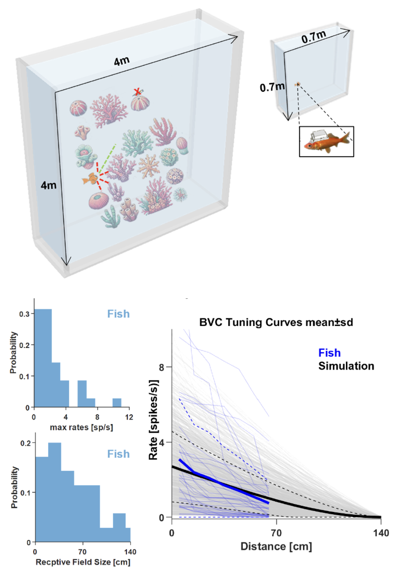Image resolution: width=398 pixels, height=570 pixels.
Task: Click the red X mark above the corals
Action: click(137, 92)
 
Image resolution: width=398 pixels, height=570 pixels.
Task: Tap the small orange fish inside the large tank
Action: click(90, 179)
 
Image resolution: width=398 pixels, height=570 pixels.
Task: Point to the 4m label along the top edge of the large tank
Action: click(122, 61)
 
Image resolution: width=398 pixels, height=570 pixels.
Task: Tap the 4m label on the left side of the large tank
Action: click(48, 185)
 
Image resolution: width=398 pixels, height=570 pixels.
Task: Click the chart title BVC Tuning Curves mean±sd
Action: click(276, 322)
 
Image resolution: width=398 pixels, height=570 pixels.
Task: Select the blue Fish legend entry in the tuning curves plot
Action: click(329, 353)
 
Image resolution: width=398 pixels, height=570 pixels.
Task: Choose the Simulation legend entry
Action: click(346, 366)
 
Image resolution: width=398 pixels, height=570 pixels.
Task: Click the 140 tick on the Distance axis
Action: click(381, 533)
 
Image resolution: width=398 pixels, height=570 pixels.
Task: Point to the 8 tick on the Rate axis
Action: click(161, 367)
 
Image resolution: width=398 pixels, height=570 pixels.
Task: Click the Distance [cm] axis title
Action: click(276, 546)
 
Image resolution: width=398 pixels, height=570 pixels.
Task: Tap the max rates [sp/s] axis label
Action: click(81, 427)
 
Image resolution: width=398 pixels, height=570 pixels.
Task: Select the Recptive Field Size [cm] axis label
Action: click(83, 562)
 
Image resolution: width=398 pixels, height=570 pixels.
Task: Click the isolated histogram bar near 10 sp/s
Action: click(117, 403)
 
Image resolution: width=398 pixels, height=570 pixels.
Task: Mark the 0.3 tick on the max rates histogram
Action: click(24, 314)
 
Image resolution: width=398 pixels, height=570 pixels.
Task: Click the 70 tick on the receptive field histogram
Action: click(82, 552)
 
